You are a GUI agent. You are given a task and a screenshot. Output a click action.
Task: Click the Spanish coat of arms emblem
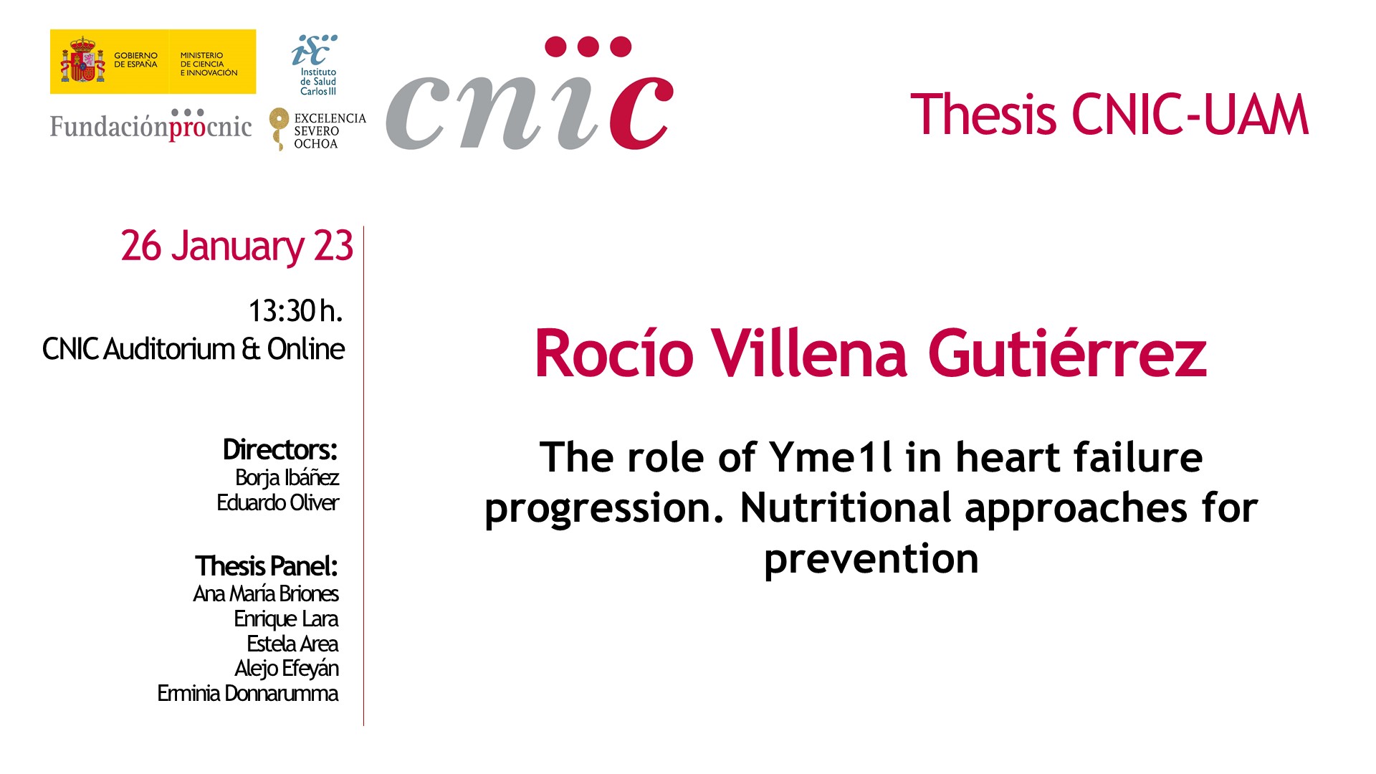click(x=82, y=61)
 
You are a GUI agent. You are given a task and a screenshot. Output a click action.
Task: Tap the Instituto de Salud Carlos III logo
click(x=315, y=64)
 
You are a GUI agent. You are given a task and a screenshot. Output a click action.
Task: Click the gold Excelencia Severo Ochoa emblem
click(x=278, y=129)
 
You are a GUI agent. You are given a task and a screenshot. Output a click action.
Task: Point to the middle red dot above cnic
click(x=588, y=47)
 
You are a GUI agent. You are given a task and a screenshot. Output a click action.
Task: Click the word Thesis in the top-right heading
click(x=983, y=115)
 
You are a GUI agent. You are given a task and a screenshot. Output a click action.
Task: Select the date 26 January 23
click(x=236, y=247)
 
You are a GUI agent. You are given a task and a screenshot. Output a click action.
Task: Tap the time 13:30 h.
click(x=295, y=311)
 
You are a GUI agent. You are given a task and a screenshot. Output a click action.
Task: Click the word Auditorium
click(x=169, y=350)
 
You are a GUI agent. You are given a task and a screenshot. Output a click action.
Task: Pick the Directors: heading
click(x=279, y=450)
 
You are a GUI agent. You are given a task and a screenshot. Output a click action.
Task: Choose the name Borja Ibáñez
click(x=287, y=477)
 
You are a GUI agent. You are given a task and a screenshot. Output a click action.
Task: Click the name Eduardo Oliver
click(x=277, y=502)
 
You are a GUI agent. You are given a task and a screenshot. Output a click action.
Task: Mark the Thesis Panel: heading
click(x=266, y=566)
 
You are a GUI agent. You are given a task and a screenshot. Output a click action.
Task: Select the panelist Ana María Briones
click(x=266, y=593)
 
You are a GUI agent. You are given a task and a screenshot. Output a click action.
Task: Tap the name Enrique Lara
click(x=286, y=618)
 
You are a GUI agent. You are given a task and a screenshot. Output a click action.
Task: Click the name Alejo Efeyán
click(x=287, y=669)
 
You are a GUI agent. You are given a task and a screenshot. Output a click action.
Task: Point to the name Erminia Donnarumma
click(x=248, y=693)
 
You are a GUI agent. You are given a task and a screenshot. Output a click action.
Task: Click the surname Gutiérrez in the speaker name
click(x=1067, y=353)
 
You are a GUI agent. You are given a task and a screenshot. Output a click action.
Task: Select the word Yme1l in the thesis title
click(x=831, y=457)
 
